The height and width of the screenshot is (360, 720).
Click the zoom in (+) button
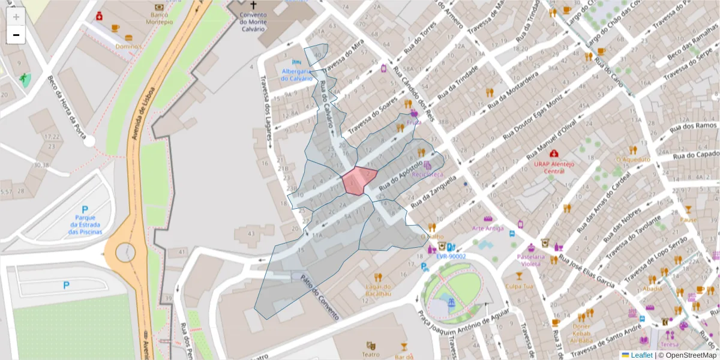pyautogui.click(x=16, y=17)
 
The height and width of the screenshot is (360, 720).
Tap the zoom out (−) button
pyautogui.click(x=16, y=35)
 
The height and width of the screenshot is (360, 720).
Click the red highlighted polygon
pyautogui.click(x=359, y=180)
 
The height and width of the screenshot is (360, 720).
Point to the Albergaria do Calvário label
pyautogui.click(x=297, y=74)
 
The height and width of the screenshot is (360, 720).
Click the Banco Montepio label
pyautogui.click(x=154, y=18)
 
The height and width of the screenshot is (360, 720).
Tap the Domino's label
pyautogui.click(x=129, y=46)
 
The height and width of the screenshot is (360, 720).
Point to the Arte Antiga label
pyautogui.click(x=488, y=228)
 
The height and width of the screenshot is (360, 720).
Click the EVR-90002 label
pyautogui.click(x=451, y=256)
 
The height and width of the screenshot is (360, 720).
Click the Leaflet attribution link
pyautogui.click(x=641, y=355)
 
